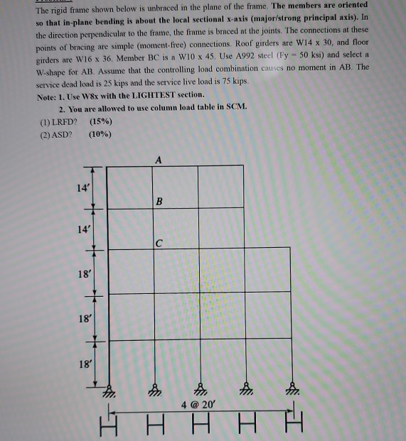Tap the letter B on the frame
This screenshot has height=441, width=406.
(x=159, y=201)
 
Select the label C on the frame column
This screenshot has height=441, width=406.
(x=160, y=243)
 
